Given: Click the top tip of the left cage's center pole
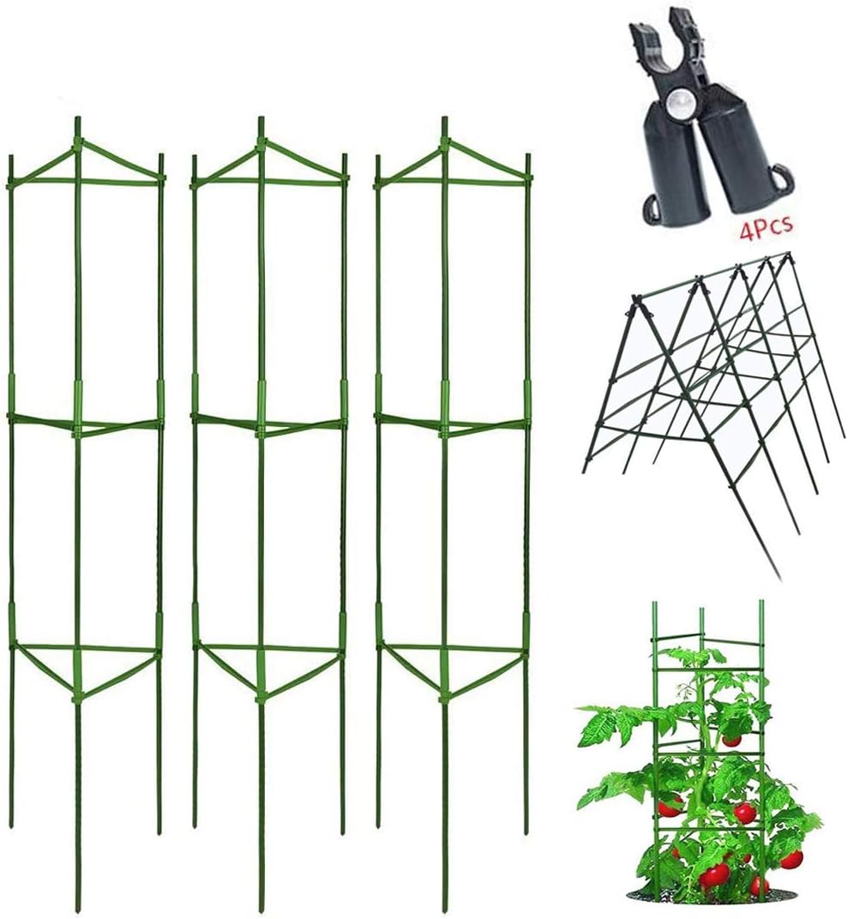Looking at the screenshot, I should (x=77, y=120).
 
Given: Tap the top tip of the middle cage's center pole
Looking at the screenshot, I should (x=261, y=120).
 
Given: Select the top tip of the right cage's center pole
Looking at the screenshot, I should (x=444, y=120).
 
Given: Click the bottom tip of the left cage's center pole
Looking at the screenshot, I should (x=78, y=909).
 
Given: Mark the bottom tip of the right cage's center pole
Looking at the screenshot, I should (x=445, y=909).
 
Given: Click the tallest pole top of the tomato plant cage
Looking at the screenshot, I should (x=761, y=604).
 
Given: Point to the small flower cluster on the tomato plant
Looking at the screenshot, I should (x=686, y=691).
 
